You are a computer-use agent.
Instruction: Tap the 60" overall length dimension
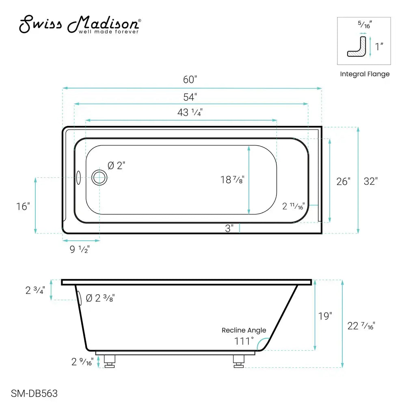click(x=190, y=79)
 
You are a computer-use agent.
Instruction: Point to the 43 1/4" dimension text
click(x=190, y=113)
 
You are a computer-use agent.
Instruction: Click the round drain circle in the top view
click(x=99, y=177)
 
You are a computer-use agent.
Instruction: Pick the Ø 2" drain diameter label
click(x=117, y=166)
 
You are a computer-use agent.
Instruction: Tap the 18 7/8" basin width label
click(x=232, y=179)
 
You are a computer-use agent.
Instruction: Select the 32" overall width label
click(x=370, y=181)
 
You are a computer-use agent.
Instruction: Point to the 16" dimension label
click(x=24, y=206)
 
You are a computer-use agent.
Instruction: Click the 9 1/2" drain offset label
click(x=80, y=250)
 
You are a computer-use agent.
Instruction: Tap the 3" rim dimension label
click(x=229, y=229)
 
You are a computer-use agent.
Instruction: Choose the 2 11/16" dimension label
click(x=294, y=206)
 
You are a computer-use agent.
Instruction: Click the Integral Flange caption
click(x=365, y=74)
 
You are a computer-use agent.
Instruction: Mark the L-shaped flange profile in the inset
click(x=357, y=46)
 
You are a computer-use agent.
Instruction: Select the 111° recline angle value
click(x=244, y=341)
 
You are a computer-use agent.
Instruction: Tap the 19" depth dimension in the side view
click(x=325, y=316)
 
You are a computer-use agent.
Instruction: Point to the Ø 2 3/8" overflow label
click(x=104, y=298)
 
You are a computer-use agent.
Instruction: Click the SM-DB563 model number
click(x=34, y=393)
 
